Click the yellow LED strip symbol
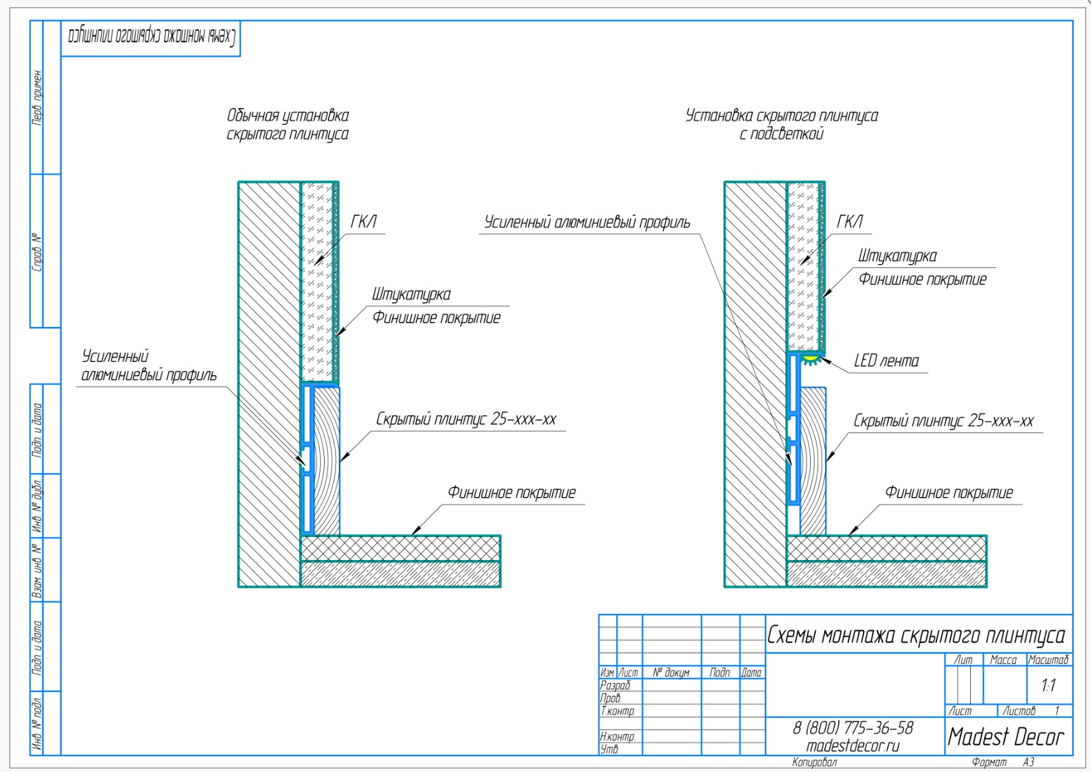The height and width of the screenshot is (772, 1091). coord(811,360)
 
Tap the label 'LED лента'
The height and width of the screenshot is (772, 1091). coord(886,361)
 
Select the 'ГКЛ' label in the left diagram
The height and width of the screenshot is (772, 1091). coord(363,222)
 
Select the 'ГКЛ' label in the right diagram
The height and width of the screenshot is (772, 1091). coord(850,222)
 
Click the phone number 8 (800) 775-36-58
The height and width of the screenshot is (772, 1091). coord(853,728)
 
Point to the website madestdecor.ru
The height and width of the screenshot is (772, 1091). coord(853,746)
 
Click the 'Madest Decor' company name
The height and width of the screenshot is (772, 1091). coord(1005,736)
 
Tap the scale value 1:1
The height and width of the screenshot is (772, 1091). coord(1048,685)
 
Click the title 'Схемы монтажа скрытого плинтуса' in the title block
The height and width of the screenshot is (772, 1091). coord(916,635)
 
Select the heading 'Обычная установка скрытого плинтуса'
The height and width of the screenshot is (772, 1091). coord(288,124)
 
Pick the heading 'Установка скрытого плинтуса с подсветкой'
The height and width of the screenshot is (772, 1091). coord(782,124)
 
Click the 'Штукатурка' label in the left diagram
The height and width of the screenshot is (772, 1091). coord(411,294)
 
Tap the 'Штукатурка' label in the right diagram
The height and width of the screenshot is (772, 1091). coord(897,256)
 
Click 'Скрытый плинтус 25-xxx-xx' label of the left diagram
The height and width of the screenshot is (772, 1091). coord(466,419)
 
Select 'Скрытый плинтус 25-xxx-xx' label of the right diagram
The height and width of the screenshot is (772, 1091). coord(944,421)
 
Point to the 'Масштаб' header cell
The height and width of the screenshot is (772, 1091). coord(1048,660)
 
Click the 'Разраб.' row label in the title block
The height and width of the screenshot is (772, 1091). coord(616,686)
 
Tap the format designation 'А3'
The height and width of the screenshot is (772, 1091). coord(1029,762)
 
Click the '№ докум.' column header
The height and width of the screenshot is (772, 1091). coord(672,672)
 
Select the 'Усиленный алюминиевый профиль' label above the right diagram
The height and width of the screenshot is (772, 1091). coord(587,222)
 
